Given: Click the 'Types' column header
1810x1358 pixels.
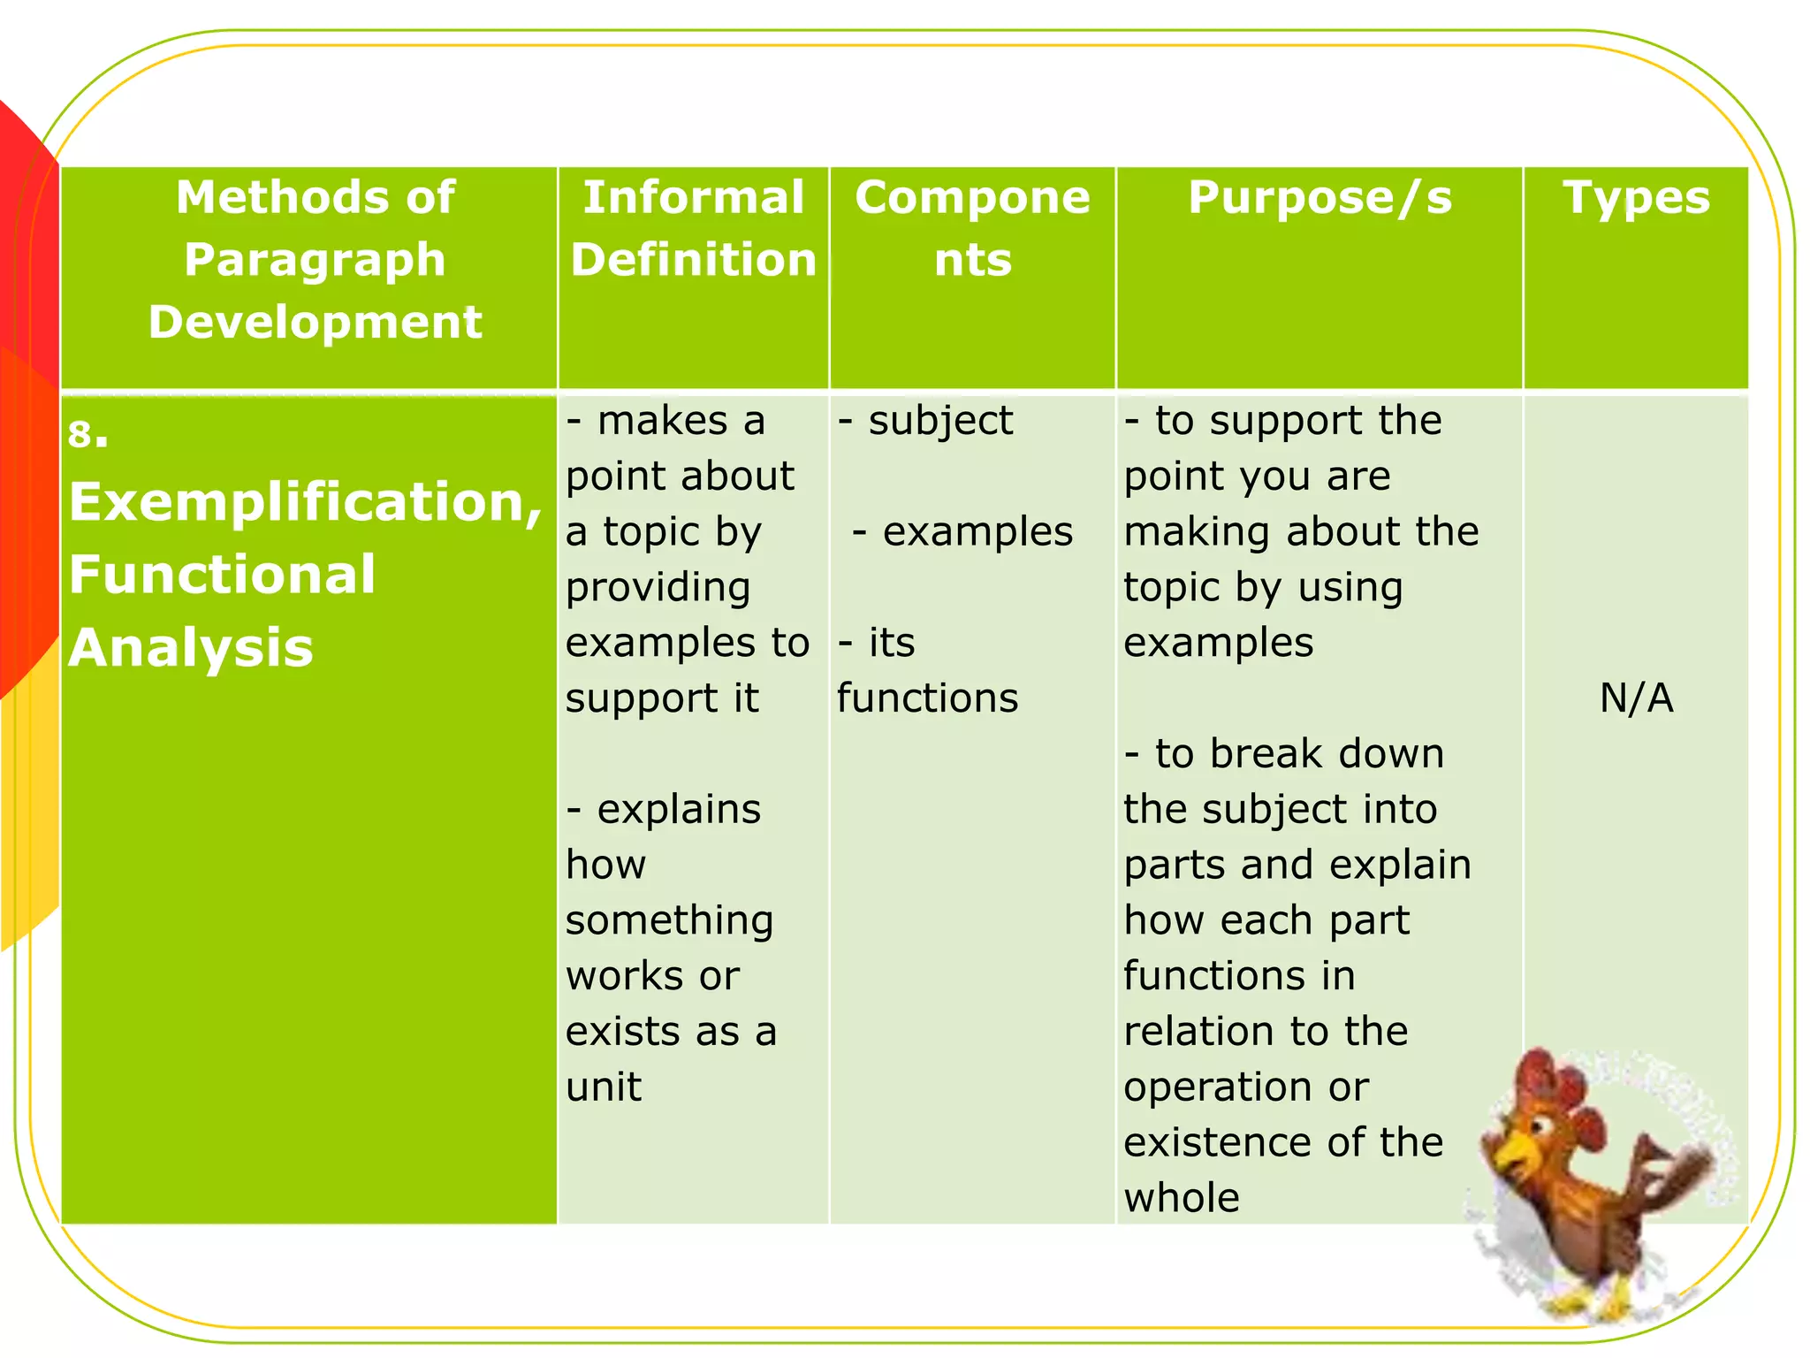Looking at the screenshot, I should pos(1636,198).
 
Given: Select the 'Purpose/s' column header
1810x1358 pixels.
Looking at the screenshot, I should pos(1319,198).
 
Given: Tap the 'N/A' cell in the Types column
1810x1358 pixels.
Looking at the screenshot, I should pos(1636,698).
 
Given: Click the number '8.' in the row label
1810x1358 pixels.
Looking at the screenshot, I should pos(87,434).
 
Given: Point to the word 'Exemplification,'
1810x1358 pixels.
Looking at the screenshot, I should pos(305,502).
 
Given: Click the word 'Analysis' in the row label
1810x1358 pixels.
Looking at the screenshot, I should pos(191,647).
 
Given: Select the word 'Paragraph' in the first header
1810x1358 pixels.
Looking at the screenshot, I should pos(315,260).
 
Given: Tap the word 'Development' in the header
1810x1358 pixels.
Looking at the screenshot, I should pos(315,322).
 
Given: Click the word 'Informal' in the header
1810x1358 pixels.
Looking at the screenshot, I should pos(694,197).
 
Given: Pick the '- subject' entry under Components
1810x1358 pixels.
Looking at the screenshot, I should pos(926,421).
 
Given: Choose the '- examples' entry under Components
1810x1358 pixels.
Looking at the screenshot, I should pos(963,532).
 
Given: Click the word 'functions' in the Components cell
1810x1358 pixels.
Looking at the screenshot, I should pos(928,698).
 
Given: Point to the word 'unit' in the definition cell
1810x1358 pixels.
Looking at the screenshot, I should pos(604,1087).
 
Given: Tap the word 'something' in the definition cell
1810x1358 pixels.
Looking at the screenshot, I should pos(670,921).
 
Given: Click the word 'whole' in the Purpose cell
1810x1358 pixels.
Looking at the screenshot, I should pos(1182,1199).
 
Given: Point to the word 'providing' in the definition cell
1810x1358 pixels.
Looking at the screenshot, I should pos(658,588).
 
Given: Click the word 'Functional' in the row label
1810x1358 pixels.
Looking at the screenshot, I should pos(222,575).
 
